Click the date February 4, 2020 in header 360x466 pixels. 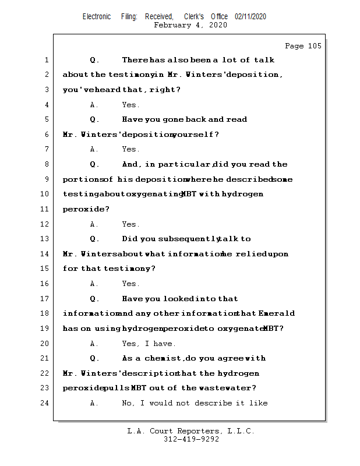(x=190, y=25)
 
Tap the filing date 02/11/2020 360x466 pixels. (x=250, y=16)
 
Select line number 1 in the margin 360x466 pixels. (x=46, y=60)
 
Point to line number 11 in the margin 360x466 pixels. (x=44, y=209)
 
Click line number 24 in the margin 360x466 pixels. (x=44, y=403)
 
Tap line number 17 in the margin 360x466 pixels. (x=44, y=299)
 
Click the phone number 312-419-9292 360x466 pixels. (x=191, y=440)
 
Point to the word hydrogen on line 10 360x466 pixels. (x=242, y=194)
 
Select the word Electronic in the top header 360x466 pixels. (x=97, y=16)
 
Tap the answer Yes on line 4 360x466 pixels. (x=130, y=105)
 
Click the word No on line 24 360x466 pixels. (x=128, y=403)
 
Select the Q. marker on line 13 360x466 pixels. (x=95, y=239)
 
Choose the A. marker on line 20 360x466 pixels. (x=94, y=344)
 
